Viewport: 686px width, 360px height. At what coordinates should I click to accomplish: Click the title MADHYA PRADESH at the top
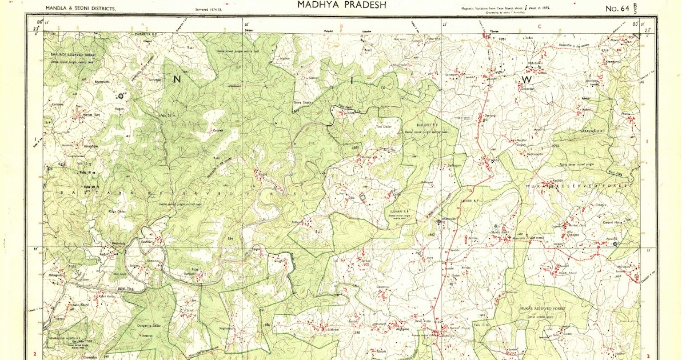342,5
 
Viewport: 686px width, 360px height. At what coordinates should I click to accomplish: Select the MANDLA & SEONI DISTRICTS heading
80,9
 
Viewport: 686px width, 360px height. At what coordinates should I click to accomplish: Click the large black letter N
177,79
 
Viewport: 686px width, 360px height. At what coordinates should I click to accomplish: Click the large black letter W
527,79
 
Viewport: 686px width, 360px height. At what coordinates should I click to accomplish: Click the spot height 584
230,238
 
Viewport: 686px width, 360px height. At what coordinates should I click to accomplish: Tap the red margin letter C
539,26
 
